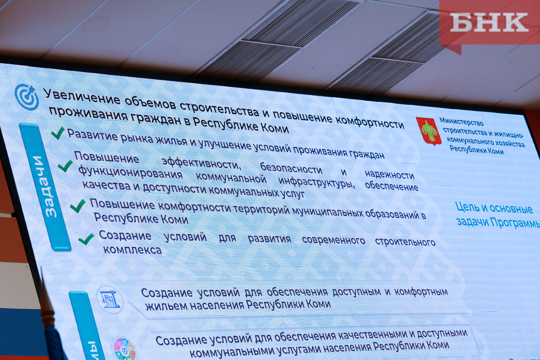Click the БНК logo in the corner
490,23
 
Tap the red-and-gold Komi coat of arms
429,131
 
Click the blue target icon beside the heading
27,97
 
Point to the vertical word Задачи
44,186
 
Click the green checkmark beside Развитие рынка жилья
58,133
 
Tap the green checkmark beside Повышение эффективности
65,166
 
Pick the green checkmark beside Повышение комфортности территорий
78,206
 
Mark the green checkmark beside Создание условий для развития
86,239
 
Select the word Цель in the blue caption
466,207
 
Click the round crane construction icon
110,299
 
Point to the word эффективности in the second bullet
201,163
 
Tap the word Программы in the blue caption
515,223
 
